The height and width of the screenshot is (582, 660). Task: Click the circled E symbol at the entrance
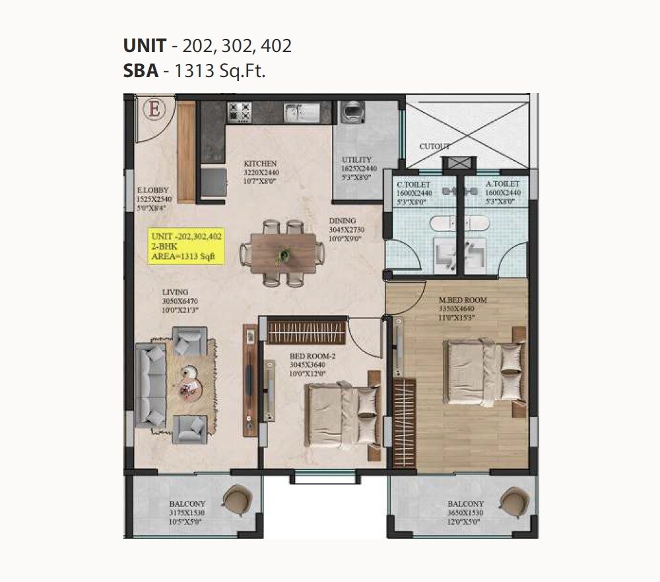point(155,109)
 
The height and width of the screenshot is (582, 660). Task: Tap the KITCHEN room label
point(260,163)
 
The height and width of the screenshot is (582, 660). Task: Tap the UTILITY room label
point(357,160)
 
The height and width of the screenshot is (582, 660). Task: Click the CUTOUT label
point(434,146)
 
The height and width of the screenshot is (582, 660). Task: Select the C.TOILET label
point(413,184)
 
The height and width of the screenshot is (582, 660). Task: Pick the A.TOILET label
point(502,184)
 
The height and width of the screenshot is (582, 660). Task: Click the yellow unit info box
point(187,247)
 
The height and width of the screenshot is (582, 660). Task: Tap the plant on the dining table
point(285,253)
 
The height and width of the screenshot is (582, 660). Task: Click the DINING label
point(343,221)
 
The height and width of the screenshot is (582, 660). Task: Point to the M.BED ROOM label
point(463,300)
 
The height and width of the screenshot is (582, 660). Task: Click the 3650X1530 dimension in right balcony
point(465,512)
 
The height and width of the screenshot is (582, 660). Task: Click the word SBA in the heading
point(141,71)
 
